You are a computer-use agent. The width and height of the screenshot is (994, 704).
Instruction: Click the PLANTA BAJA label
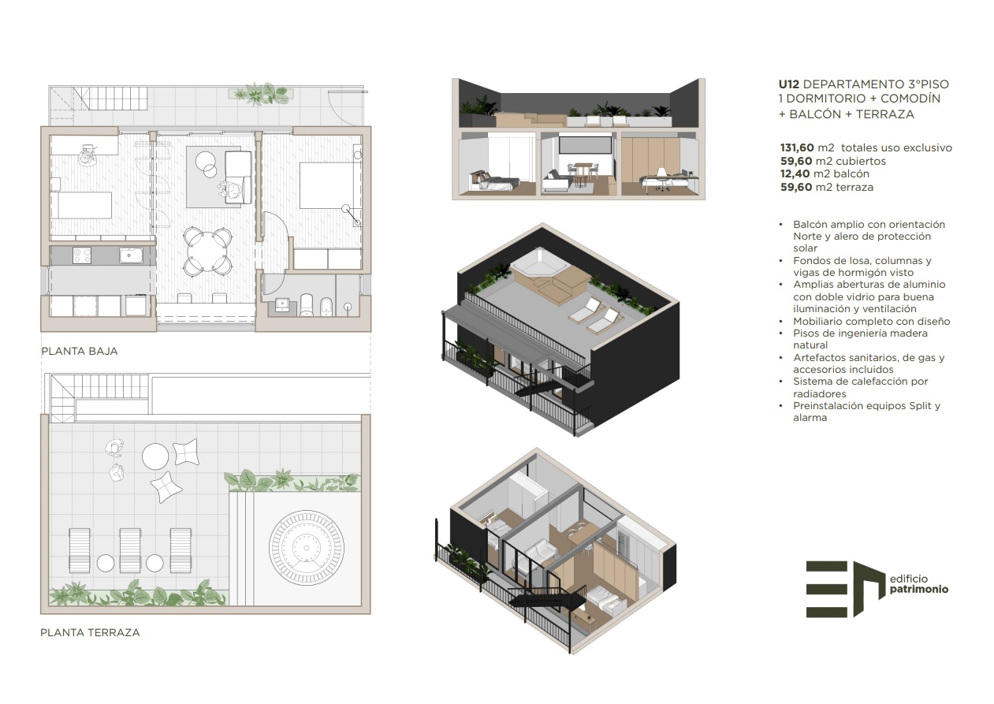pos(80,351)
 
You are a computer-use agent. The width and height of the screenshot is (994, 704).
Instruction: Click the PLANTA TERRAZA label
pos(90,632)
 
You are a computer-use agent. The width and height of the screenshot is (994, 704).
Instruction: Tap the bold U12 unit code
pos(789,84)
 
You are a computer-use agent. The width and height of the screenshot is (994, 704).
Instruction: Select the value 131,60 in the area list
pos(797,147)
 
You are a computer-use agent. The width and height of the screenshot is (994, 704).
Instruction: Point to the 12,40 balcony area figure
pos(795,174)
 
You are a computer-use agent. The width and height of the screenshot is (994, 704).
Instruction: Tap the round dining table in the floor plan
pos(207,250)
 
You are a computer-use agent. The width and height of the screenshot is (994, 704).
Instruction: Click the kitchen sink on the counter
pos(131,255)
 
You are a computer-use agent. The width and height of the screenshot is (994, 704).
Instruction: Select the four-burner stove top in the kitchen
pos(82,255)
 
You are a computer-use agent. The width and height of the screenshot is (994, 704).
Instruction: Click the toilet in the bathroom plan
pos(307,304)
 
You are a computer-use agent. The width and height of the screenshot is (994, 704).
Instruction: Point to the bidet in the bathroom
pos(326,307)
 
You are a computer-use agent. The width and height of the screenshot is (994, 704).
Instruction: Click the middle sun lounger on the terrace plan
pos(131,550)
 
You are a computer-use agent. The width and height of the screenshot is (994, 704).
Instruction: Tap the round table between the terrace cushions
pos(155,456)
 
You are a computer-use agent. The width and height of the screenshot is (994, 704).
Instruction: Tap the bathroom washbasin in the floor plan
pos(282,305)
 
